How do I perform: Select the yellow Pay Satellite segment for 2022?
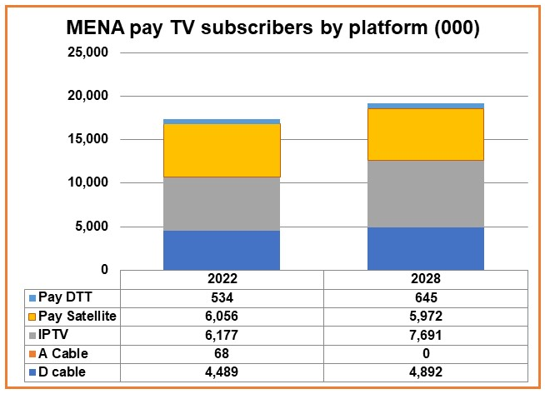[222, 150]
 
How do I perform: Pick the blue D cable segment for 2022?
[222, 250]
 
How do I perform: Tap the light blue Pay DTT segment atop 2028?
[426, 106]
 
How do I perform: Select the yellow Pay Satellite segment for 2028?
[426, 134]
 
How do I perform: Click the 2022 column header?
[222, 279]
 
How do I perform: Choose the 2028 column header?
[426, 279]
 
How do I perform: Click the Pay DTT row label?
[62, 297]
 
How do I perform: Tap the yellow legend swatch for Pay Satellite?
[32, 316]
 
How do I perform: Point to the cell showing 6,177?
[222, 334]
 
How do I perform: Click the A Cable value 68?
[222, 352]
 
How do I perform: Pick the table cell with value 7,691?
[426, 334]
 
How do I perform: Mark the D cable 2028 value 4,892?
[426, 371]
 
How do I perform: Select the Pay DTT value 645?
[426, 297]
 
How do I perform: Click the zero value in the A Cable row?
[426, 352]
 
